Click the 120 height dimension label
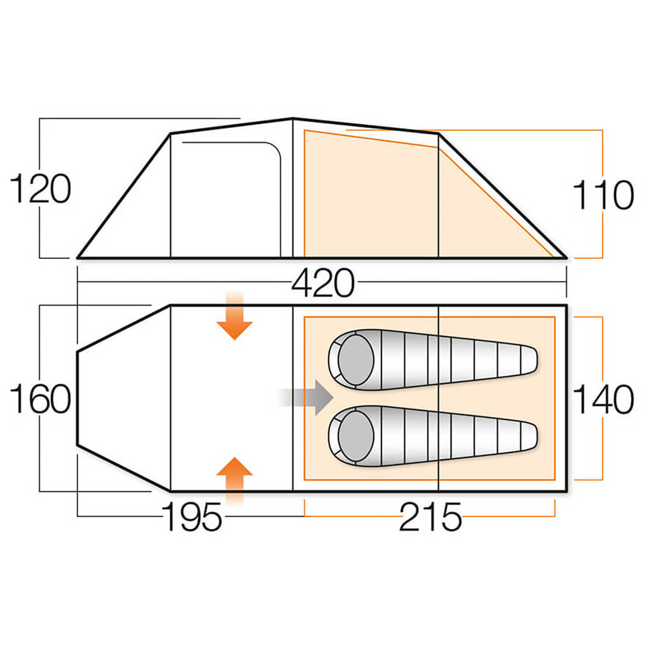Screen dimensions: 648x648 pyautogui.click(x=40, y=189)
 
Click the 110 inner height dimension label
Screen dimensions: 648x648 pyautogui.click(x=603, y=195)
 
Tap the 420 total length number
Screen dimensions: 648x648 pyautogui.click(x=323, y=283)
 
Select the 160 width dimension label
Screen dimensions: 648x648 pyautogui.click(x=40, y=399)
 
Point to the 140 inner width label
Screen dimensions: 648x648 pyautogui.click(x=603, y=399)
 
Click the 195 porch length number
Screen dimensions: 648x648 pyautogui.click(x=192, y=517)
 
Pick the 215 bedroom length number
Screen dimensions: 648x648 pyautogui.click(x=430, y=517)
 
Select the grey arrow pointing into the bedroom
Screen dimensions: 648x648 pyautogui.click(x=309, y=397)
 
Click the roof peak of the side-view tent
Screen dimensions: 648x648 pyautogui.click(x=293, y=118)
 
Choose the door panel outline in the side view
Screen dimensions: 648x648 pyautogui.click(x=230, y=198)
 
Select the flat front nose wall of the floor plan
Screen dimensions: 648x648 pyautogui.click(x=78, y=398)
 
